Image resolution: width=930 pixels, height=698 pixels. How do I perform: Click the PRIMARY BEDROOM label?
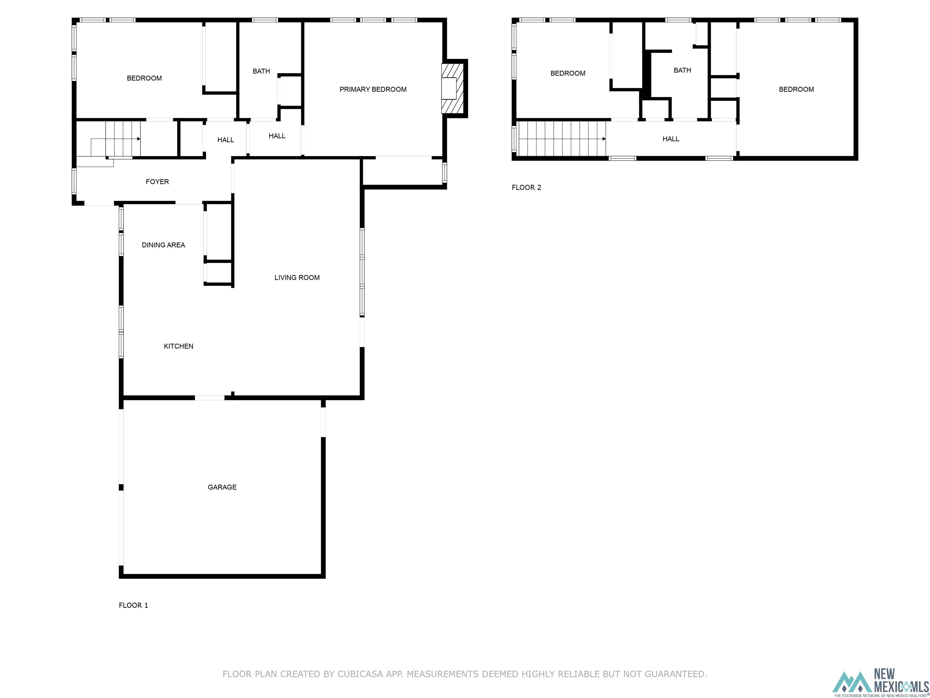point(373,89)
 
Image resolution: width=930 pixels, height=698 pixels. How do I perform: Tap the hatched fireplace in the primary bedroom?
point(453,88)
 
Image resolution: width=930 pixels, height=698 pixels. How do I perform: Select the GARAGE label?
point(222,487)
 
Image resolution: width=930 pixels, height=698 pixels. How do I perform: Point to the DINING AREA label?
point(163,245)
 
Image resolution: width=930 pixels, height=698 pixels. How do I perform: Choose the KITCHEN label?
point(178,346)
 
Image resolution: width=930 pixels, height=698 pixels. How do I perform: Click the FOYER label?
point(157,182)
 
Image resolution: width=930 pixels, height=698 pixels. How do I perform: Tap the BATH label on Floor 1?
point(261,71)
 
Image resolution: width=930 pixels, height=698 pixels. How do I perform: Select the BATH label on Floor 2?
point(682,70)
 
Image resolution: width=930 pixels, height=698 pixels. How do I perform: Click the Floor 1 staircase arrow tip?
point(139,138)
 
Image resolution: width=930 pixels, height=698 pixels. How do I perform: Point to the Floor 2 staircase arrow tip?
point(605,138)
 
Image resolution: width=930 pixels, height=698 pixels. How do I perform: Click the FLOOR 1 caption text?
point(133,605)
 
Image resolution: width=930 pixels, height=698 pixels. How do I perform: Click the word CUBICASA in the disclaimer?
point(360,674)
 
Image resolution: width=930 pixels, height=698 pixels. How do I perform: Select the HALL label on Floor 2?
point(671,139)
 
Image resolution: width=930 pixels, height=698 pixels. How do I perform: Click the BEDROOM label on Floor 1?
point(144,78)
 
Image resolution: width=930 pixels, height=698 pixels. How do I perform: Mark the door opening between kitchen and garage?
point(209,397)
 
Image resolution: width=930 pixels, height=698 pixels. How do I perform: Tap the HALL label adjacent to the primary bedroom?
point(277,136)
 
